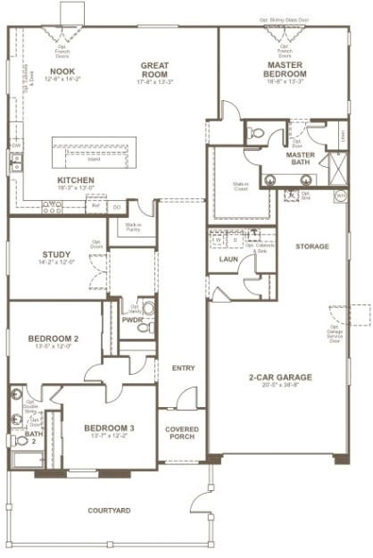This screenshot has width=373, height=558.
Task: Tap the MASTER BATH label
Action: point(304,154)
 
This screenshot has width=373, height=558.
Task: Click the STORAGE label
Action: point(313,246)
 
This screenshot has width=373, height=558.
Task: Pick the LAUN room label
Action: point(228,259)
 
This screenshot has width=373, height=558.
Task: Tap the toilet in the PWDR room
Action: point(147,309)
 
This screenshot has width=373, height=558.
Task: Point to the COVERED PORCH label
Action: point(182,433)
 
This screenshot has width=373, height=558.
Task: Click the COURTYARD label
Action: point(109,511)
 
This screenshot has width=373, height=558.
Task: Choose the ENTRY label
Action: point(182,368)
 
